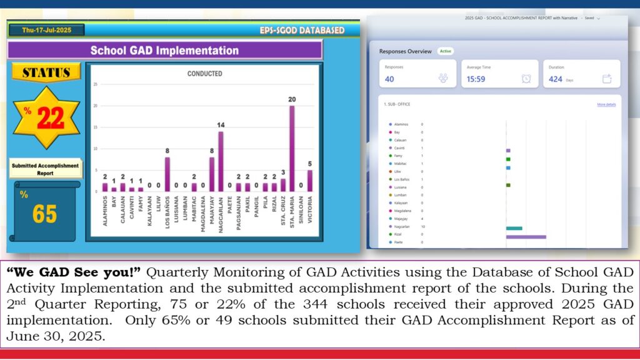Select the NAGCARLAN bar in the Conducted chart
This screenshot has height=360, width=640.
coord(221,161)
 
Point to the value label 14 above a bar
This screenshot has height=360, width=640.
coord(221,125)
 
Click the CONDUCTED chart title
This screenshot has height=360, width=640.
coord(204,74)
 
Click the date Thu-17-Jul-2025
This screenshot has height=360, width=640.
coord(47,30)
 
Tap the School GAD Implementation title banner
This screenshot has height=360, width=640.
coord(164,51)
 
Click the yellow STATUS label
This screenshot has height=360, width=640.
coord(46,72)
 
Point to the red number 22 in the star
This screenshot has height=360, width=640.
coord(51,118)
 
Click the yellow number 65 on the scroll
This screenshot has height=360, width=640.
coord(45,214)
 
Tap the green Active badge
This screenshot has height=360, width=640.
coord(445,51)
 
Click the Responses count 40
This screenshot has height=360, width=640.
coord(389,79)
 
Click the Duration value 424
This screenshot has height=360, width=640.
coord(556,79)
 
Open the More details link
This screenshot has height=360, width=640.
coord(606,104)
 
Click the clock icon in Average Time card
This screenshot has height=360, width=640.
coord(526,78)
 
